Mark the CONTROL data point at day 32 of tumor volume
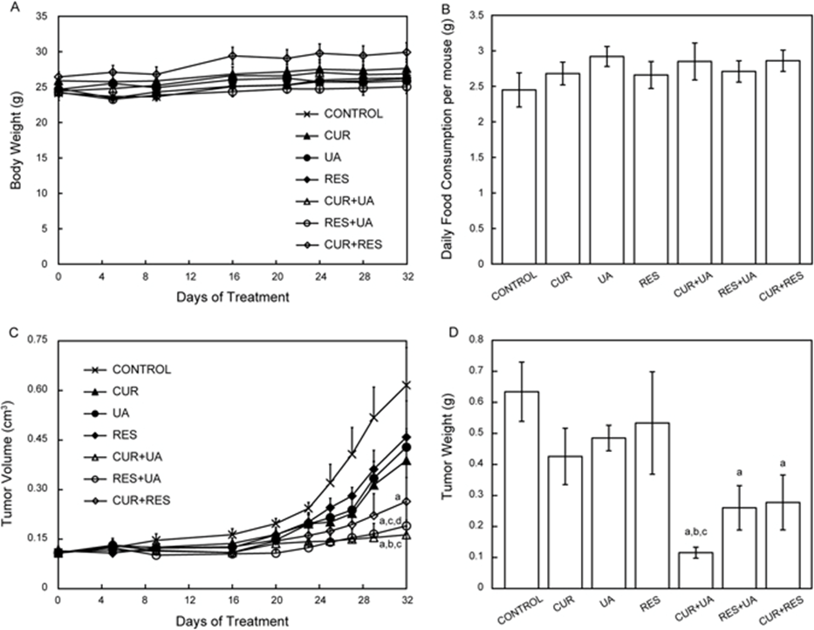[x=407, y=385]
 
